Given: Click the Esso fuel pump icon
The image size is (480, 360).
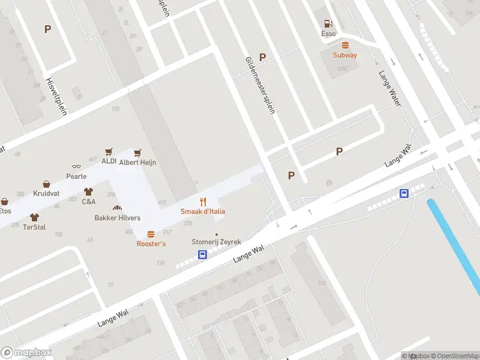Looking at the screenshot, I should click(x=328, y=23).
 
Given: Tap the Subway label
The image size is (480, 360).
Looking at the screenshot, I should click(x=345, y=55).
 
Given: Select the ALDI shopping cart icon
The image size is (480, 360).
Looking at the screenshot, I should click(x=109, y=152).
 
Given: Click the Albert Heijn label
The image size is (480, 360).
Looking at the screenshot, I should click(x=137, y=162).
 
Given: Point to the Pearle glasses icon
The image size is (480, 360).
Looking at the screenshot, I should click(x=76, y=167).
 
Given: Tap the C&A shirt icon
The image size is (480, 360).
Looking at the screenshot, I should click(x=89, y=192).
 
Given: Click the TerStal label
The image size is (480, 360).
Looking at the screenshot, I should click(x=34, y=227).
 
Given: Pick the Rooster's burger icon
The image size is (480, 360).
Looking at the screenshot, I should click(x=151, y=234).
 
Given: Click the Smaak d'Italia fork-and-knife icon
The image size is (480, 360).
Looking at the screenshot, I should click(x=203, y=202).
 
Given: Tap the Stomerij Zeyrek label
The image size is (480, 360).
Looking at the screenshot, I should click(x=216, y=242).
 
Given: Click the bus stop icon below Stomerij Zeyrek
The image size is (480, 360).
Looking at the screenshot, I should click(x=203, y=254).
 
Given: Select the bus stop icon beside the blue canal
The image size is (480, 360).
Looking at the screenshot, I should click(x=405, y=193).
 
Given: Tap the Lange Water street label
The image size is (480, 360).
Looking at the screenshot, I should click(x=389, y=89).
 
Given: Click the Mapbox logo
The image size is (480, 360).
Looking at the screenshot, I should click(x=26, y=352).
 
